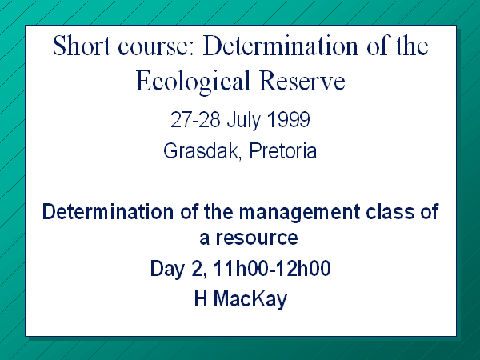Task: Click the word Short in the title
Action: pos(82,46)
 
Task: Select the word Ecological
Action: pos(193,82)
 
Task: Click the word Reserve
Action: pos(302,81)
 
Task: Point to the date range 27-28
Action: pos(195,119)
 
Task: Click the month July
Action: pos(244,120)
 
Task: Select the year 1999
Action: pos(289,119)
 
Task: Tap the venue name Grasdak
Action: pos(201,151)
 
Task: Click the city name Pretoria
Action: pos(283,150)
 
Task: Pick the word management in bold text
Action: pos(299,213)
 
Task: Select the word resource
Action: pos(257,238)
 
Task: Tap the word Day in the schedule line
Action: pos(168,270)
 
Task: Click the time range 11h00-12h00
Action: pos(272,269)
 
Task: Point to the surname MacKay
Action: pos(250,300)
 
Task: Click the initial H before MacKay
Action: pos(201,298)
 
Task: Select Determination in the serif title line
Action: pos(281,46)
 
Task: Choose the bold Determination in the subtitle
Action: pos(108,211)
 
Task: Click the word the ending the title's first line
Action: pos(412,46)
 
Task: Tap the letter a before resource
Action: pos(204,238)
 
